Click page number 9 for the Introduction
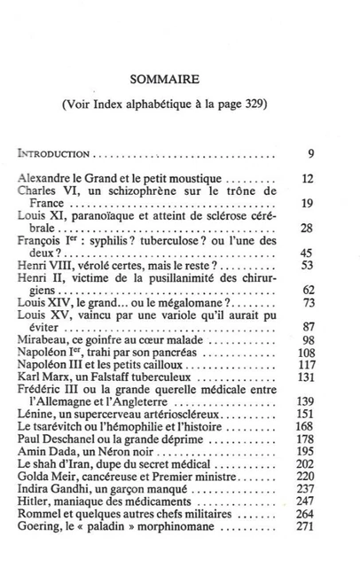[311, 154]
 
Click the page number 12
[308, 178]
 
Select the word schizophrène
[151, 190]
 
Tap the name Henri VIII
[44, 264]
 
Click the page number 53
[308, 264]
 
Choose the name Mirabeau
[45, 338]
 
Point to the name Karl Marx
[43, 376]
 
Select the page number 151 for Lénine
[306, 413]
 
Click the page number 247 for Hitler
[306, 500]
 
